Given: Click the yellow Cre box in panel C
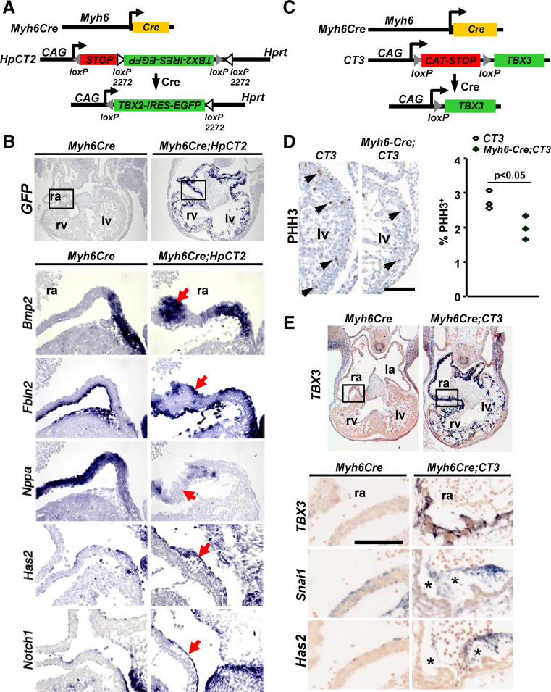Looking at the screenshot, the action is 475,28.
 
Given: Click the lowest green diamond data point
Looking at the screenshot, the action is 526,239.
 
